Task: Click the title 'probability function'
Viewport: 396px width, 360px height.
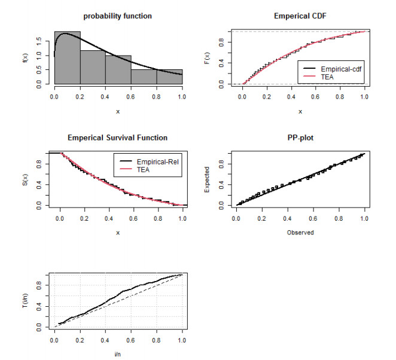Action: click(117, 16)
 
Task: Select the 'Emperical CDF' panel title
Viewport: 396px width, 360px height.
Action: click(300, 16)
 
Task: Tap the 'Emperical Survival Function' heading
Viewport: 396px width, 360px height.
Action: click(117, 138)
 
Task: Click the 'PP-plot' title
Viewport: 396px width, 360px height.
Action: click(300, 138)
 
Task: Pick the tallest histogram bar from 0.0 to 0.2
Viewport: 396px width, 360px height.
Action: click(68, 57)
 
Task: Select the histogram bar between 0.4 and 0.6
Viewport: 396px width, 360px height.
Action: click(118, 70)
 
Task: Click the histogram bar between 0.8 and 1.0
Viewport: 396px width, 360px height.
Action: click(170, 77)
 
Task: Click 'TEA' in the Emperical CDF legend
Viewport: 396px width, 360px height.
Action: click(327, 77)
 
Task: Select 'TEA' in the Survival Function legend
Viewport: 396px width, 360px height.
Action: click(143, 170)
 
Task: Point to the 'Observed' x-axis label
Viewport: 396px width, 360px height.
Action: click(300, 233)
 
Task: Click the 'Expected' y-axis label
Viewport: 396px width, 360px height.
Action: click(207, 179)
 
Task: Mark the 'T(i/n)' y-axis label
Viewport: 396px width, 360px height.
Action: click(25, 300)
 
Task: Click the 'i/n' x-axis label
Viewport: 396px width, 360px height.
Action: click(117, 354)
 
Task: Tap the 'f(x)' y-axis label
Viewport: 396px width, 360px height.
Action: click(25, 57)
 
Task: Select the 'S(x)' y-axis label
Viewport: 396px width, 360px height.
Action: click(25, 179)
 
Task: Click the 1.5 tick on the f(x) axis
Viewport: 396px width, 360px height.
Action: click(39, 41)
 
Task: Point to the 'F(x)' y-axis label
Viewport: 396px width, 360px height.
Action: click(207, 58)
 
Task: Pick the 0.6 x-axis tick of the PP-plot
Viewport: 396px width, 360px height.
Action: click(313, 219)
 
